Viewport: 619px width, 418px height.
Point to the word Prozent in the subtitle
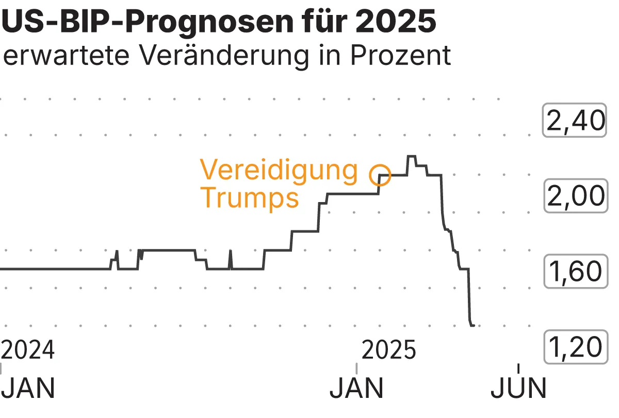401,56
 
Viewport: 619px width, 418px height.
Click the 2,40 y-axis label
574,121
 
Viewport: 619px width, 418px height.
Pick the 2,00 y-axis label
574,196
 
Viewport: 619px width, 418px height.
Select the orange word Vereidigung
279,170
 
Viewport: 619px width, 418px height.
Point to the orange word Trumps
250,197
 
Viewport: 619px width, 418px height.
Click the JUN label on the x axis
518,389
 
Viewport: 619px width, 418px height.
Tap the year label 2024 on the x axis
28,350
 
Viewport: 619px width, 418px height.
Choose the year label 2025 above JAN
389,350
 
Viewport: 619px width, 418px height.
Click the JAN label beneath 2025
357,389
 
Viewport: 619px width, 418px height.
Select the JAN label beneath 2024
28,389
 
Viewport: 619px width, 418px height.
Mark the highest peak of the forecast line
411,156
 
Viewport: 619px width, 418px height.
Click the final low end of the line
473,325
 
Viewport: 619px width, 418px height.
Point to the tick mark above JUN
518,368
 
